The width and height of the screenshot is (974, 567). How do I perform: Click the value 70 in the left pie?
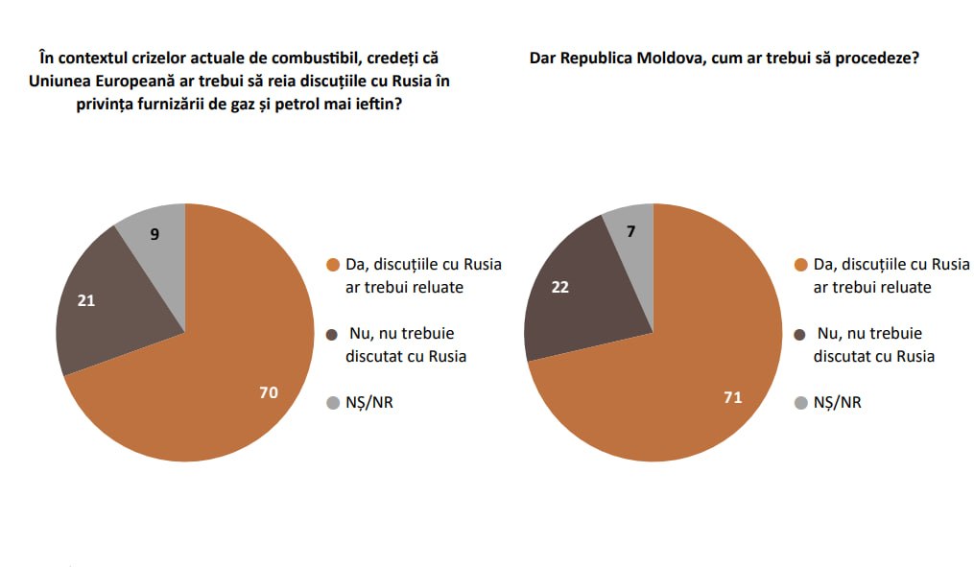click(x=268, y=392)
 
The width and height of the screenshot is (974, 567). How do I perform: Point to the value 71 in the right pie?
click(x=733, y=396)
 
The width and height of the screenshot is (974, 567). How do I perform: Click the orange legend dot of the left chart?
click(x=333, y=266)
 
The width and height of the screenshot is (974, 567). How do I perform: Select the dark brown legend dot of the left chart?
click(x=333, y=335)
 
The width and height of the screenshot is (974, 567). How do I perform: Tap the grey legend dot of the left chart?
click(x=333, y=403)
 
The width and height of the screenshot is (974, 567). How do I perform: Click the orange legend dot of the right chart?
click(x=801, y=266)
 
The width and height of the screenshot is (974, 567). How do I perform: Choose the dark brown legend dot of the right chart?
click(x=801, y=335)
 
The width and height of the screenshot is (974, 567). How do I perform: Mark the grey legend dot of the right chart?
click(x=801, y=403)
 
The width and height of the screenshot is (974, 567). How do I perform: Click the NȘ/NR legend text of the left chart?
click(x=369, y=403)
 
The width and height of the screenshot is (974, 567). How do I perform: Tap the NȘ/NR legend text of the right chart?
click(x=838, y=403)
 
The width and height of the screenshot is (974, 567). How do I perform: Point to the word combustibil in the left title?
click(x=316, y=58)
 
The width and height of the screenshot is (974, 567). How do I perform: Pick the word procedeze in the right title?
click(x=877, y=58)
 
